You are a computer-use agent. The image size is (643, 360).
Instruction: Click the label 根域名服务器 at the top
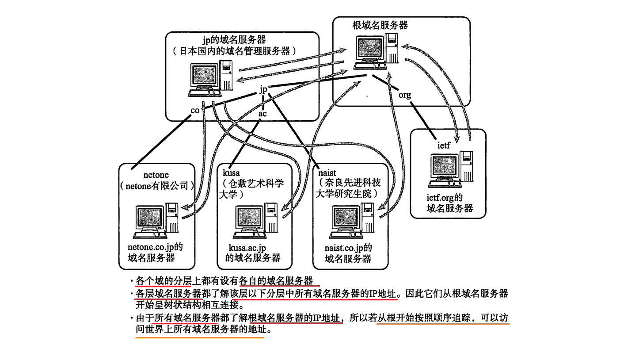click(380, 25)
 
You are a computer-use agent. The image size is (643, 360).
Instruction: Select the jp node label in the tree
click(263, 89)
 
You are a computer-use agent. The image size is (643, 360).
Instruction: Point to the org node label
click(404, 95)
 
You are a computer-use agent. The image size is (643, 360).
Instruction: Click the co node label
click(195, 110)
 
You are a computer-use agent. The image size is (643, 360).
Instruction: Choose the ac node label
click(263, 114)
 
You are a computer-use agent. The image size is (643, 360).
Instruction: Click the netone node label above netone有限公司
click(156, 175)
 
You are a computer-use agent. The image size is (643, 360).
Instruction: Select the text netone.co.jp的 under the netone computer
click(155, 247)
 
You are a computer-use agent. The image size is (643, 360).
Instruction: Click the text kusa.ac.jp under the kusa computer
click(249, 247)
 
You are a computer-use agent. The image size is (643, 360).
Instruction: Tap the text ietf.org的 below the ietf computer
click(445, 198)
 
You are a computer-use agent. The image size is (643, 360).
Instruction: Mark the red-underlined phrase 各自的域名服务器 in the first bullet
click(276, 280)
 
